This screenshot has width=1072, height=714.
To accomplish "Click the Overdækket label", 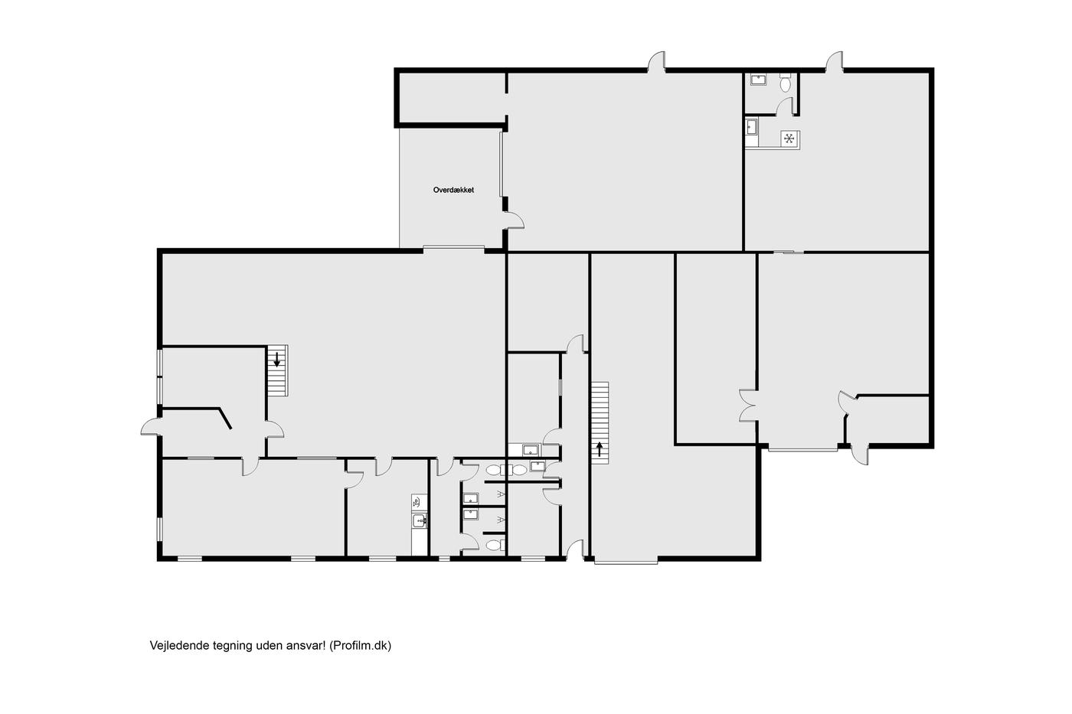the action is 453,190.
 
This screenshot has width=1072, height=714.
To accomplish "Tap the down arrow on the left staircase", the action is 276,359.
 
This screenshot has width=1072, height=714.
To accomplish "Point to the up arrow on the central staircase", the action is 599,449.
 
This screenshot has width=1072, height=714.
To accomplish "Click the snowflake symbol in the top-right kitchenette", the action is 789,139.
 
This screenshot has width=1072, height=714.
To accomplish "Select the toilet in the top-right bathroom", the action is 785,82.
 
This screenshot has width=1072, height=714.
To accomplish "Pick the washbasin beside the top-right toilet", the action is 759,80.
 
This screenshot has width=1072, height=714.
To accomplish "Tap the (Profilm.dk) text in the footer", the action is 361,646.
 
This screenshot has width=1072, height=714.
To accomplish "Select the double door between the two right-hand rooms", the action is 747,406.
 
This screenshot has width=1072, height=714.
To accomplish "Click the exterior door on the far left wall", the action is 150,426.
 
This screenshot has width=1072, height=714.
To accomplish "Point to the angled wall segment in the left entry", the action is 225,419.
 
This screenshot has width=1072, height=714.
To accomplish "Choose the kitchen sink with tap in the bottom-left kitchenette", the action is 420,521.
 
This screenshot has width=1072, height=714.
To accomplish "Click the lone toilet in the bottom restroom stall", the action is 495,545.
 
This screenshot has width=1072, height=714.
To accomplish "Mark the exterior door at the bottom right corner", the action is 859,455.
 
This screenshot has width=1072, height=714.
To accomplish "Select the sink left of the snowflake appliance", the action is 751,127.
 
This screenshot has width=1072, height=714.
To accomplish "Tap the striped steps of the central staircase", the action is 600,422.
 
